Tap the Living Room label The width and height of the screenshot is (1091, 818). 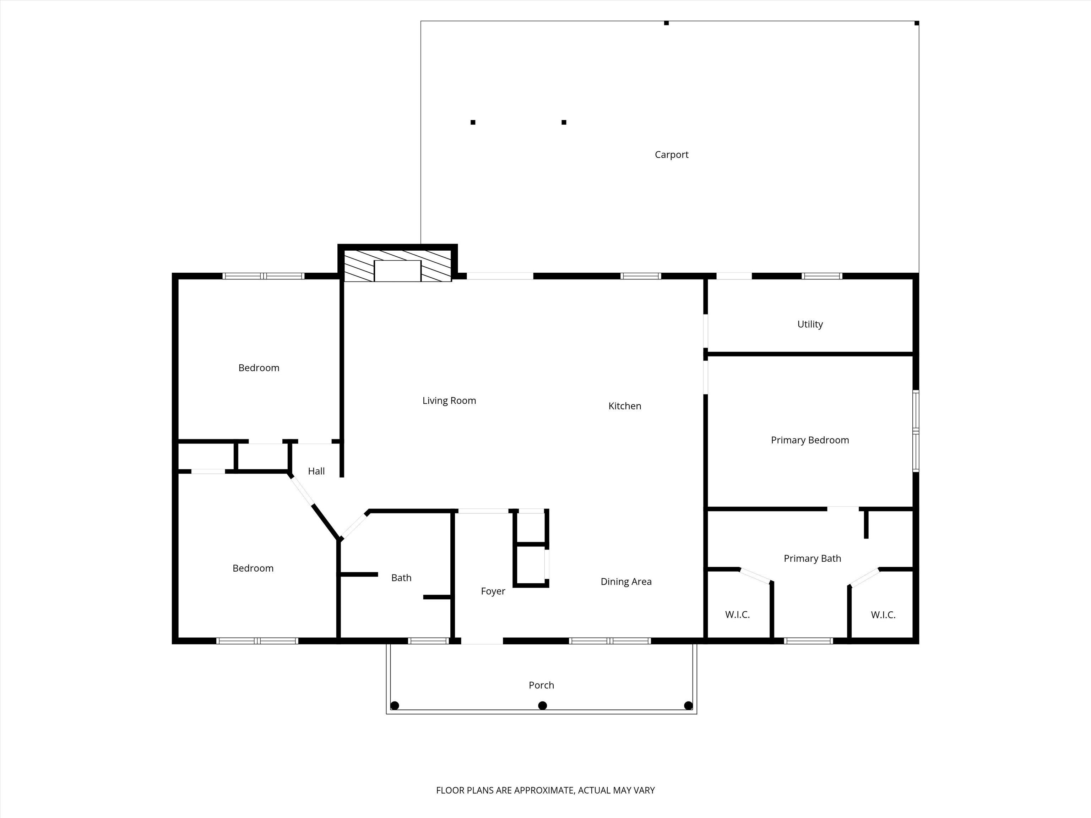click(x=449, y=401)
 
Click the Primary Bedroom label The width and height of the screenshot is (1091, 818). click(x=810, y=440)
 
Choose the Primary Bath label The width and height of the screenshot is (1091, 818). click(x=812, y=558)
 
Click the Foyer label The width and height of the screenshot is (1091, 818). click(x=493, y=591)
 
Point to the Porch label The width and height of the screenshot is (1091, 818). click(x=541, y=685)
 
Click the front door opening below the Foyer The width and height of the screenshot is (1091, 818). click(x=482, y=641)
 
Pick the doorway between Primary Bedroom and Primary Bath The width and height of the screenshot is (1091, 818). click(x=843, y=508)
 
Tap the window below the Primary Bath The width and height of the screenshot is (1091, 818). click(x=808, y=641)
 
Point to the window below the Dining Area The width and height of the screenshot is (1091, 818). click(x=610, y=641)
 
